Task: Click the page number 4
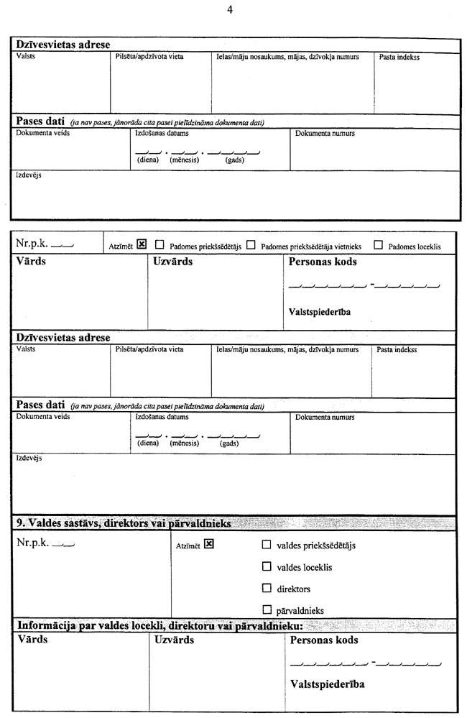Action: [x=229, y=9]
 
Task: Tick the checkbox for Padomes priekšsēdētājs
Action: [x=159, y=244]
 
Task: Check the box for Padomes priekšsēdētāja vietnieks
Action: [x=251, y=244]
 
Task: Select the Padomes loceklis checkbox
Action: [x=378, y=244]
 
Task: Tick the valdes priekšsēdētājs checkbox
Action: [x=267, y=545]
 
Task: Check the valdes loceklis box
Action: [x=267, y=566]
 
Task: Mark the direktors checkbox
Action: [x=267, y=588]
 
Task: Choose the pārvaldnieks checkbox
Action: [x=267, y=609]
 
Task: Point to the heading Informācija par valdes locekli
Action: [x=159, y=625]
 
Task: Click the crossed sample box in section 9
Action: [x=209, y=544]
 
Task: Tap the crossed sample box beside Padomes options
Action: [x=142, y=244]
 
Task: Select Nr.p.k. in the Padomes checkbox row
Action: [x=32, y=244]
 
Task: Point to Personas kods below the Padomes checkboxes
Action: [x=323, y=262]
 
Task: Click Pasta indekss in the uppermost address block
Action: [x=399, y=56]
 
